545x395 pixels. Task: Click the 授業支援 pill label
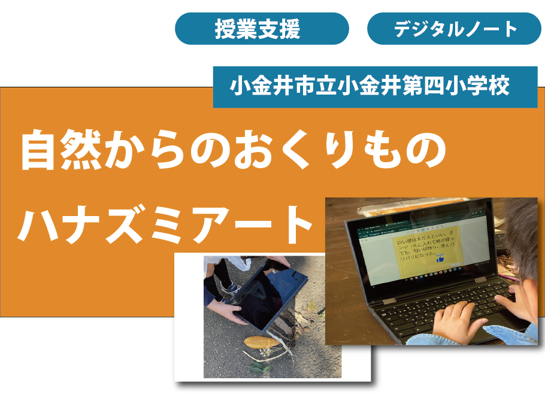[262, 29]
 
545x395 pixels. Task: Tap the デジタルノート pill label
[455, 29]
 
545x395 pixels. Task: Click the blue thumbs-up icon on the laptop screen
[440, 259]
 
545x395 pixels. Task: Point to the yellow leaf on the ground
[262, 343]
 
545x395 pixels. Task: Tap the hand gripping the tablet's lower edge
[230, 314]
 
